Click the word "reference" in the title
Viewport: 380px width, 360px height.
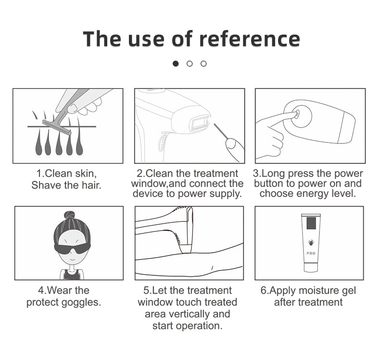250,39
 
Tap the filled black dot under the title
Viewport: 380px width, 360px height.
176,64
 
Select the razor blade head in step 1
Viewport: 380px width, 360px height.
57,127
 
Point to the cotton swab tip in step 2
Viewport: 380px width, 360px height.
215,125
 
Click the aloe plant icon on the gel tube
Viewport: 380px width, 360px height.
310,242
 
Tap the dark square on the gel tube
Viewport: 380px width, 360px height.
311,223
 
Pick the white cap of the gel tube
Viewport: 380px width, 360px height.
310,268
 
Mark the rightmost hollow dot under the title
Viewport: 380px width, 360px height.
203,64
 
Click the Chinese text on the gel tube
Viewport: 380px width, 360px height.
311,253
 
